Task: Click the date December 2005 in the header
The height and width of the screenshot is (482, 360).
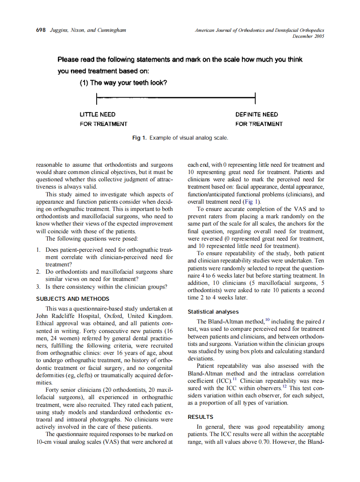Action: coord(308,37)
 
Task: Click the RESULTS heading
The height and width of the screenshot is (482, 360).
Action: coord(201,417)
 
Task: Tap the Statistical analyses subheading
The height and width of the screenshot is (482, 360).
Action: coord(214,311)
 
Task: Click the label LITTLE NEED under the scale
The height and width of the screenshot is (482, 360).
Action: coord(98,115)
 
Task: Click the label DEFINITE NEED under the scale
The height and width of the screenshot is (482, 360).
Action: coord(256,115)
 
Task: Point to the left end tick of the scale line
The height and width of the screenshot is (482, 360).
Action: coord(97,98)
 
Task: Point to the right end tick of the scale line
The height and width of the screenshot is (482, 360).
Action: coord(256,98)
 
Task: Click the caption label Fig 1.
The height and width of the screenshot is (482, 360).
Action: coord(140,138)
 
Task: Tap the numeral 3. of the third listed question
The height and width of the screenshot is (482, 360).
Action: coord(39,287)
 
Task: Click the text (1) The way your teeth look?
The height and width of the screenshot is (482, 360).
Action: coord(123,83)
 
